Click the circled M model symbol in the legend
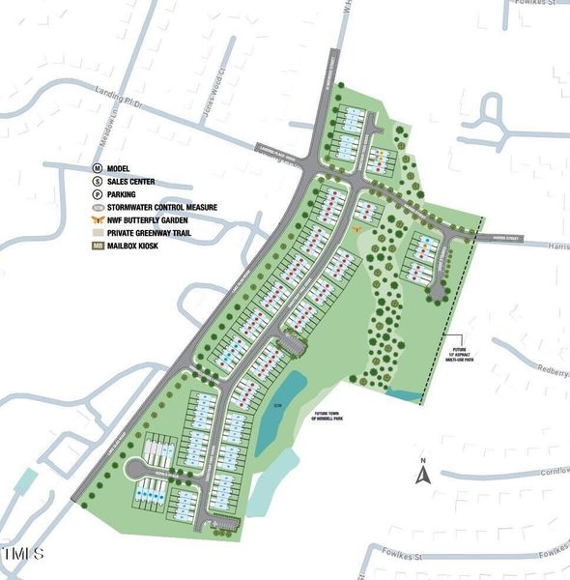(98, 169)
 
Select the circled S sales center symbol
(98, 182)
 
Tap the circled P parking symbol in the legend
(98, 194)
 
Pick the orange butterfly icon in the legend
(98, 219)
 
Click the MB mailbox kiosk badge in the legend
(98, 245)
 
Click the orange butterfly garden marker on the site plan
(357, 230)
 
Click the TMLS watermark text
(23, 554)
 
